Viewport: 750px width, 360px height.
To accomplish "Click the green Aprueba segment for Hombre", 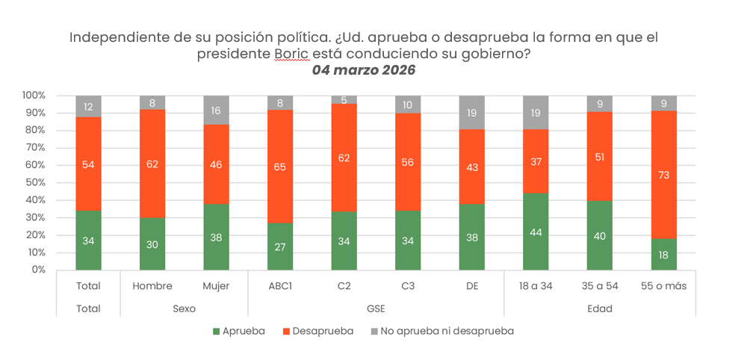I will click(x=152, y=243).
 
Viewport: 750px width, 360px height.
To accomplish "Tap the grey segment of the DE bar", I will click(x=472, y=113).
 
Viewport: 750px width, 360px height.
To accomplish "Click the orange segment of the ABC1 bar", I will click(x=281, y=167).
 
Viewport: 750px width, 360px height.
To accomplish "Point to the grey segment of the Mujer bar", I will click(x=217, y=110).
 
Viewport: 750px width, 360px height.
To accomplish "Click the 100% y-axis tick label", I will click(x=34, y=96).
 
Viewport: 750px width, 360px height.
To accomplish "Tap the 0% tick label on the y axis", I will click(x=37, y=270).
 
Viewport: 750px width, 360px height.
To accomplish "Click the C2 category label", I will click(x=344, y=286).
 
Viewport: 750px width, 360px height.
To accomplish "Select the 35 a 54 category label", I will click(x=600, y=286).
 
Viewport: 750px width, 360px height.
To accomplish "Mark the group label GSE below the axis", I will click(x=376, y=308).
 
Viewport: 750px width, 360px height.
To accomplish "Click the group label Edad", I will click(x=600, y=308).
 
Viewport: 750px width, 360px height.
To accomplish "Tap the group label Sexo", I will click(x=185, y=308).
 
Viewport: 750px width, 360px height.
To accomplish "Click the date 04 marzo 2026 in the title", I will click(x=363, y=70).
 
